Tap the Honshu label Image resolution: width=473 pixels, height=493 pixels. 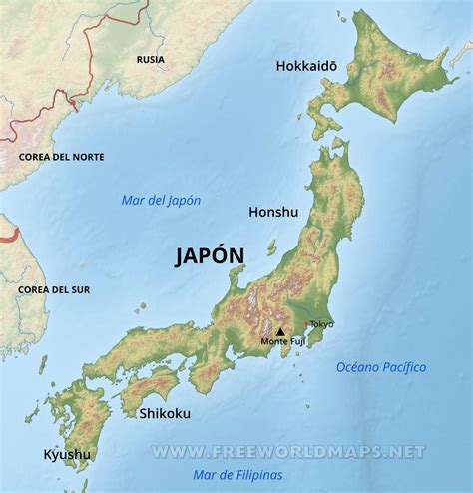point(272,212)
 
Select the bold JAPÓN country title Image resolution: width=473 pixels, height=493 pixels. point(209,256)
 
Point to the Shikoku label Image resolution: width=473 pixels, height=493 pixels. point(165,413)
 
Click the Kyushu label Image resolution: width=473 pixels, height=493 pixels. point(67,455)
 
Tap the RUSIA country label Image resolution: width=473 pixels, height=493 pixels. point(151,59)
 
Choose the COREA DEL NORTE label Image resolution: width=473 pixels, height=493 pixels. point(61,157)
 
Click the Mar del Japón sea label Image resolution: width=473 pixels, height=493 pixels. point(161,200)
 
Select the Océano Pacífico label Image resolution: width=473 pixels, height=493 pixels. point(380,367)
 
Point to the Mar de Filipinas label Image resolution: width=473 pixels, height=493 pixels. point(237,475)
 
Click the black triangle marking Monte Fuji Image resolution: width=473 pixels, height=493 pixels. point(280,331)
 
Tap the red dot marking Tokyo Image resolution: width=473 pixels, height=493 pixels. point(305,323)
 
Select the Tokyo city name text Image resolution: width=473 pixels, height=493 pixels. point(321,324)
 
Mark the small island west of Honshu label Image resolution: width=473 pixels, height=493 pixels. point(271,245)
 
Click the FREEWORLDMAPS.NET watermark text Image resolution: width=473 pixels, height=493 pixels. point(288,452)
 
